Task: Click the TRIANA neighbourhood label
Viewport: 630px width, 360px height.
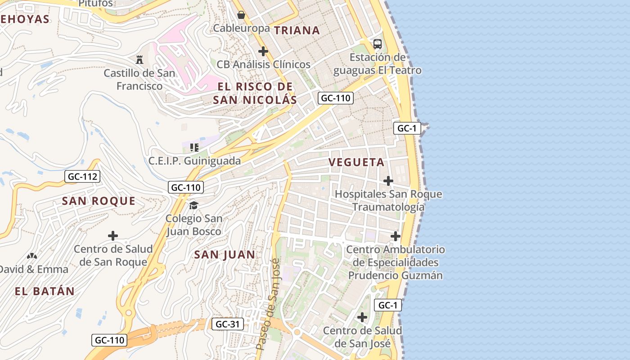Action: tap(297, 30)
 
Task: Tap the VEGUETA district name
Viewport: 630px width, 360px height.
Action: tap(356, 162)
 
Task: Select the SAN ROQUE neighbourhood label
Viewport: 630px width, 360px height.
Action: tap(99, 201)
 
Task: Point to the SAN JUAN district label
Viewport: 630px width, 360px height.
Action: tap(225, 255)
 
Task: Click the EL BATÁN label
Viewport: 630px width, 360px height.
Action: tap(45, 291)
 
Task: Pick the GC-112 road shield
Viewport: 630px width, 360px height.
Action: tap(82, 176)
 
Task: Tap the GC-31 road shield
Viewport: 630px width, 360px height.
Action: tap(228, 324)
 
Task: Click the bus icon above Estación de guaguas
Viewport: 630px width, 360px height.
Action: tap(378, 44)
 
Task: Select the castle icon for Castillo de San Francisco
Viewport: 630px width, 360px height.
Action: tap(139, 59)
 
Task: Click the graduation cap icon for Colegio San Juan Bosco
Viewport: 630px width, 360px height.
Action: tap(193, 205)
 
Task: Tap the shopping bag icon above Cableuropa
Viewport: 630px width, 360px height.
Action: tap(241, 15)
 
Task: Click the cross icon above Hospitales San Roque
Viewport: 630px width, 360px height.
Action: tap(388, 181)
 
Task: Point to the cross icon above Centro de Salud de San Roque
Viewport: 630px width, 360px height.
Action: tap(113, 236)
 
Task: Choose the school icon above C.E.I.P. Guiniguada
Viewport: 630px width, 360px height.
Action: tap(194, 147)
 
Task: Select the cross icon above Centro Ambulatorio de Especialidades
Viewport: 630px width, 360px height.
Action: tap(396, 236)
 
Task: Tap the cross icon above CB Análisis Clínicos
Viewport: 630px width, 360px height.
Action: tap(263, 51)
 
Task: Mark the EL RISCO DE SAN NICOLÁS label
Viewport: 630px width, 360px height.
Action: tap(255, 93)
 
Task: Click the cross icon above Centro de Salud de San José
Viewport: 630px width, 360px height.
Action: tap(362, 317)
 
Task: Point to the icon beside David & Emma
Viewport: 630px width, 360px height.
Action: tap(31, 256)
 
